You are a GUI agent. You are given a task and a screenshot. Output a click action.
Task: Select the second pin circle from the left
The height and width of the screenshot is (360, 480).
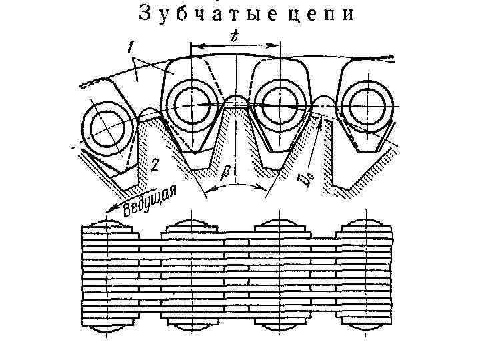point(191,101)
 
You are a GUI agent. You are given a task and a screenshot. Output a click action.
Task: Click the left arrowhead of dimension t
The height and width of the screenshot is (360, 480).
point(193,47)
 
